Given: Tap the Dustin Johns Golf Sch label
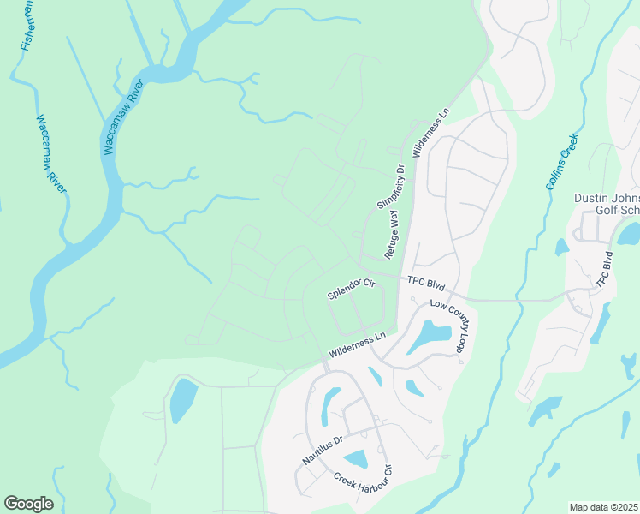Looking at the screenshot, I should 607,205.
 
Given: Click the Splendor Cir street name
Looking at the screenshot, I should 352,289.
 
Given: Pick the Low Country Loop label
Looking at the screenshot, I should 451,326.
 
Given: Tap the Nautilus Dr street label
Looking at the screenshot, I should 323,449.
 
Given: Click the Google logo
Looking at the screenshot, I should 28,503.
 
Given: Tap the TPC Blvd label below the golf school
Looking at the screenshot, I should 604,272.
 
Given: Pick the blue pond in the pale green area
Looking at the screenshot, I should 182,399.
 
